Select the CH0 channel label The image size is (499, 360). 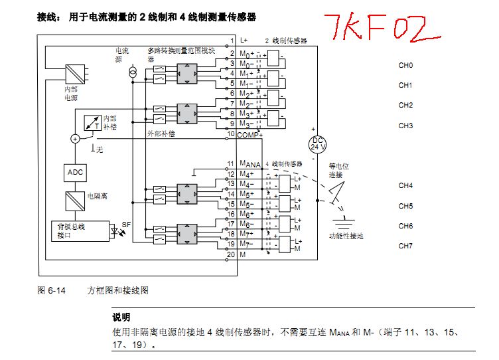coord(405,65)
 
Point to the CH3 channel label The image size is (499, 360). coord(405,126)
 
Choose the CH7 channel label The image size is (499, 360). coord(405,246)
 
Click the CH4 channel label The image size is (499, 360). coord(405,185)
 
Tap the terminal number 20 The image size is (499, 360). coord(231,254)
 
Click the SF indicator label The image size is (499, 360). coord(126,225)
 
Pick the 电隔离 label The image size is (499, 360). coord(98,197)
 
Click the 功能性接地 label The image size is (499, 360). coord(346,236)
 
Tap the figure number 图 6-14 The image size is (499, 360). coord(50,290)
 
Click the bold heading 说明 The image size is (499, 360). coord(121,317)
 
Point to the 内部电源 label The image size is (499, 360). coord(70,93)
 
